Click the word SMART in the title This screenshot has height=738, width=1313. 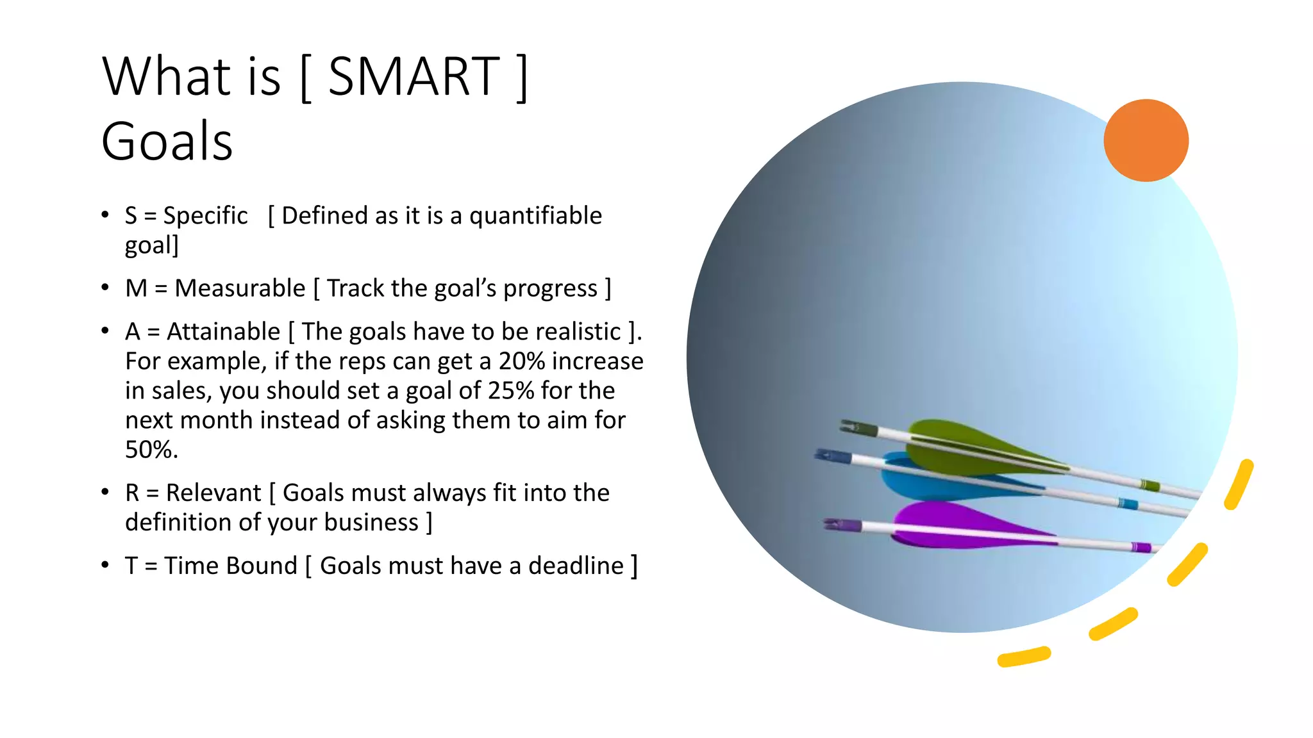click(x=414, y=77)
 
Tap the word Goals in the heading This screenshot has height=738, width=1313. click(x=167, y=142)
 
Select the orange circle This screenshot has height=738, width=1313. click(x=1146, y=140)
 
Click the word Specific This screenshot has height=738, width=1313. click(x=205, y=216)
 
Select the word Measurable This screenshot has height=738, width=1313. click(x=240, y=289)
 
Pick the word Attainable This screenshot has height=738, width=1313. click(x=223, y=332)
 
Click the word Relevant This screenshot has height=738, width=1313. click(x=213, y=493)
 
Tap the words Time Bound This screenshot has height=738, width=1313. click(x=231, y=566)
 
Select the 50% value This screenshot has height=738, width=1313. click(x=150, y=450)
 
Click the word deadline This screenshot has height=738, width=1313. click(x=576, y=566)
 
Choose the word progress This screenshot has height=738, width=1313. click(x=550, y=290)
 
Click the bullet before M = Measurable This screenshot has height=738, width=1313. click(x=105, y=288)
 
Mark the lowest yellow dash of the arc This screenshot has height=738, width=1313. click(x=1024, y=657)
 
